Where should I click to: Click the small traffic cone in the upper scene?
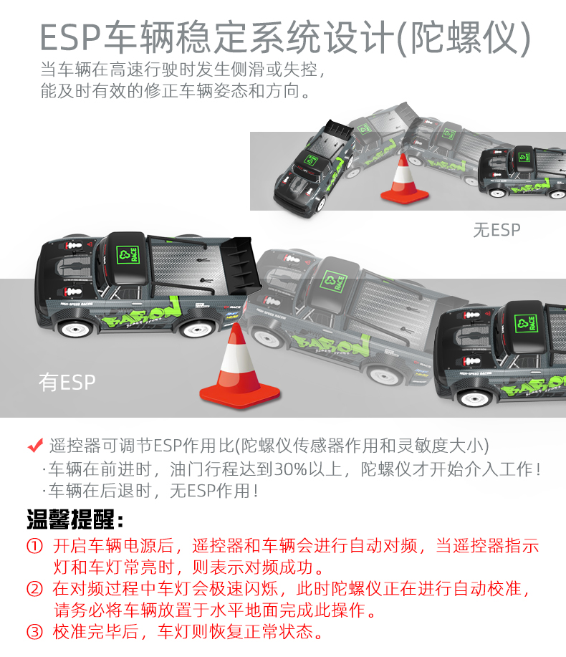point(404,180)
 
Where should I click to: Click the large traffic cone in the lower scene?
point(239,368)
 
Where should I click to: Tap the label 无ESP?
point(497,230)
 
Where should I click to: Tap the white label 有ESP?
point(67,382)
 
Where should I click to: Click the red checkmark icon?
point(35,445)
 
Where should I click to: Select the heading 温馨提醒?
point(75,519)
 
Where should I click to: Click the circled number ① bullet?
point(35,546)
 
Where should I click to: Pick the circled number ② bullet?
point(35,589)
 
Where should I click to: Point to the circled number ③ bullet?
point(35,631)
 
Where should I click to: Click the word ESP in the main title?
point(70,37)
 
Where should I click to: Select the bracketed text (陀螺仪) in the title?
point(464,38)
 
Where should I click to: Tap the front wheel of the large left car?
point(76,328)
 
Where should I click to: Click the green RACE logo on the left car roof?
point(128,255)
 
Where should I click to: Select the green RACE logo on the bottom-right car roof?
point(526,324)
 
